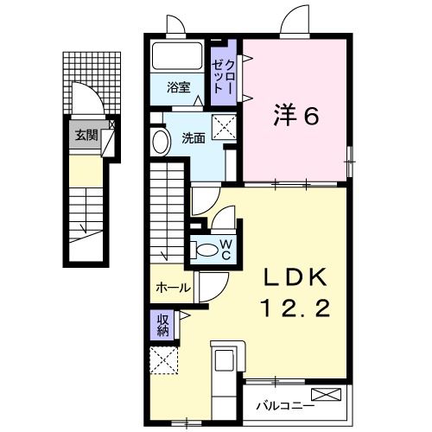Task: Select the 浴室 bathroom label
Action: tap(180, 86)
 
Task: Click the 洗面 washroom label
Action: tap(192, 137)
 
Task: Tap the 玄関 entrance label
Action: tap(85, 134)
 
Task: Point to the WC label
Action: tap(225, 250)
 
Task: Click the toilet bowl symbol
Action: tap(206, 250)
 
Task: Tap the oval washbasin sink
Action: tap(160, 141)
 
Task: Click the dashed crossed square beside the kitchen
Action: tap(162, 360)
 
